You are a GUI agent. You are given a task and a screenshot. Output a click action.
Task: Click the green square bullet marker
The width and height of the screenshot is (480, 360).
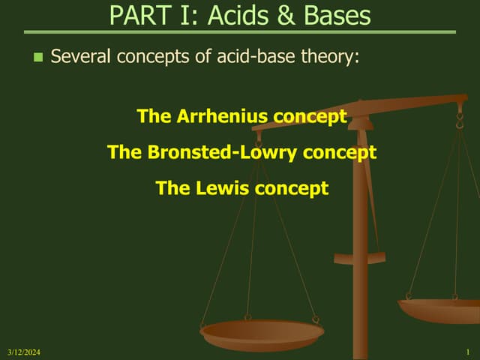click(x=38, y=57)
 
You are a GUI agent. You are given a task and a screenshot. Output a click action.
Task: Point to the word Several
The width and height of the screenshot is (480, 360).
click(x=79, y=56)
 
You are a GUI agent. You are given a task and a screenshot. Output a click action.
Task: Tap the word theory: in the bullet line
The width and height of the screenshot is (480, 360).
click(x=329, y=57)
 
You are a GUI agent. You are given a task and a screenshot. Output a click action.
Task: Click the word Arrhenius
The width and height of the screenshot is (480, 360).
click(x=223, y=116)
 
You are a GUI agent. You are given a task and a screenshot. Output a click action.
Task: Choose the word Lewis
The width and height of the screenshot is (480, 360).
click(x=224, y=188)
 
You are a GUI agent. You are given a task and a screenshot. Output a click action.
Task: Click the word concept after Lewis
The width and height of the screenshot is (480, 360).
click(x=292, y=189)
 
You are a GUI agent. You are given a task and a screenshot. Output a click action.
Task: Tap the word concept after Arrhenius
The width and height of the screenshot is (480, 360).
click(x=310, y=117)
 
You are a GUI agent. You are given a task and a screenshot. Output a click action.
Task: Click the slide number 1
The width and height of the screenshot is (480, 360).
click(x=467, y=352)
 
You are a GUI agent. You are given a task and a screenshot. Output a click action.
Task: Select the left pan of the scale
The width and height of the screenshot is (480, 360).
click(x=262, y=333)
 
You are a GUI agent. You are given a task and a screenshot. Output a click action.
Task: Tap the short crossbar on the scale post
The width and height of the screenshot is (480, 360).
click(x=359, y=259)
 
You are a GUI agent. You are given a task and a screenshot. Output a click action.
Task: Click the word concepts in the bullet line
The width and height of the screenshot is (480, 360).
click(x=164, y=57)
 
